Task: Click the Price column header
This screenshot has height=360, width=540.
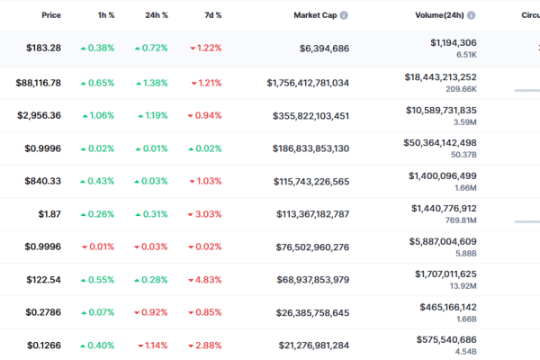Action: click(x=51, y=15)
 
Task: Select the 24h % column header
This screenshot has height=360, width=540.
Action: click(x=157, y=15)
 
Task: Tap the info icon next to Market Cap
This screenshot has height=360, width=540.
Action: click(x=344, y=15)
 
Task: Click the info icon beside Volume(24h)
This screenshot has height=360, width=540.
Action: click(x=471, y=15)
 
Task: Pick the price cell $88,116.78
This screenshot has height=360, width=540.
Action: click(x=38, y=83)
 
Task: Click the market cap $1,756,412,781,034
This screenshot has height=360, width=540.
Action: click(x=308, y=83)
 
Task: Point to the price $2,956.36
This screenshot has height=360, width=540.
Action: click(x=39, y=115)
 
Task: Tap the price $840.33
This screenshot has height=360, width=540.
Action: click(x=42, y=181)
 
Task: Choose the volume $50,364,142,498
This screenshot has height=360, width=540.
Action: click(x=440, y=143)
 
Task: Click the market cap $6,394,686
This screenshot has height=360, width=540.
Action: click(x=324, y=49)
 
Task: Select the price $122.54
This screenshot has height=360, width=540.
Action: click(x=44, y=280)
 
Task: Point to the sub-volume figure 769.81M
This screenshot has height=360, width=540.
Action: click(x=461, y=220)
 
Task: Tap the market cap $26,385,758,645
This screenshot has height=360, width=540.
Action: click(x=312, y=313)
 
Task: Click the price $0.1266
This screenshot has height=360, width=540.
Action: click(x=44, y=346)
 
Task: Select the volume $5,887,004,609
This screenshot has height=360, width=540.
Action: click(x=443, y=242)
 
